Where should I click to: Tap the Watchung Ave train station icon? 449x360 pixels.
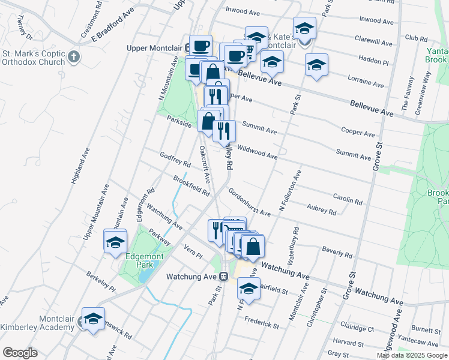click(x=223, y=277)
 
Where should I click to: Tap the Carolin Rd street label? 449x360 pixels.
click(x=348, y=199)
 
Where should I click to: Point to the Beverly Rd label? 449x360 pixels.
click(x=336, y=250)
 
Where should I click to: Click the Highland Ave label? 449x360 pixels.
click(x=79, y=166)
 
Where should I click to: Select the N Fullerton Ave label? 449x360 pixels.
click(x=290, y=191)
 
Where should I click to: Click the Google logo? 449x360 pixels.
click(x=20, y=352)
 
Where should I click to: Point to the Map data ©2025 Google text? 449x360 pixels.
click(x=412, y=355)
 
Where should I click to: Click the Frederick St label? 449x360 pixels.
click(x=264, y=325)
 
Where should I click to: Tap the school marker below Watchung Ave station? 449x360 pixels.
click(x=248, y=288)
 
